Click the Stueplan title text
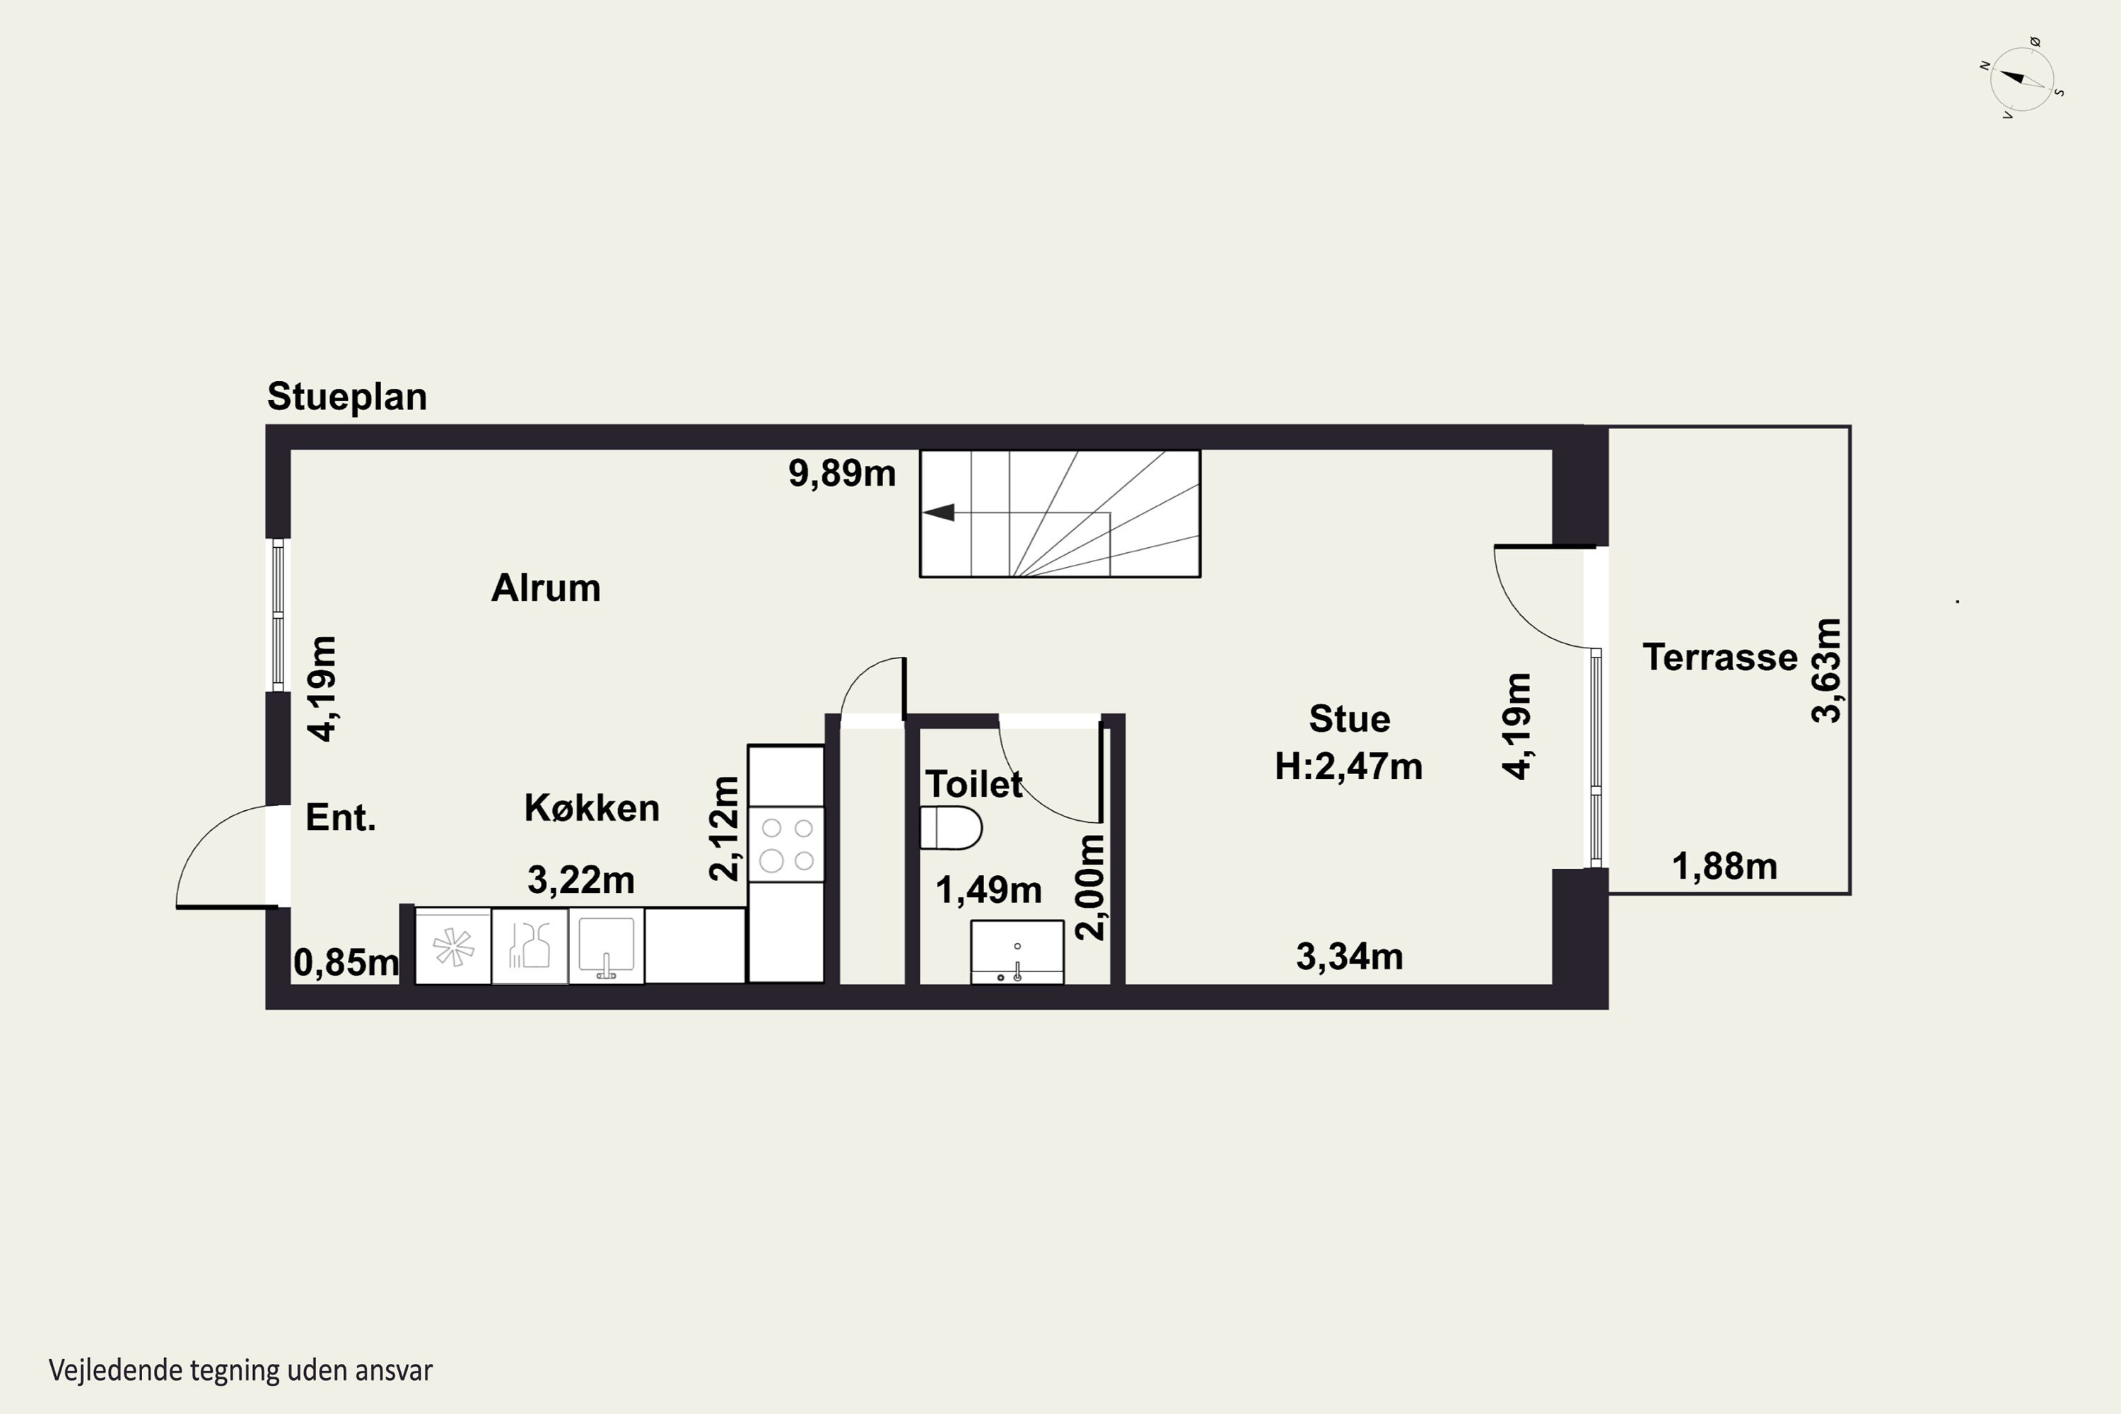point(347,397)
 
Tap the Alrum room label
point(546,588)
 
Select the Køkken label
point(592,807)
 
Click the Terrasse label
point(1719,658)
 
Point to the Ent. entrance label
point(341,817)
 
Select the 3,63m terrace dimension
point(1826,671)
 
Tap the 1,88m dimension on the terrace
point(1725,867)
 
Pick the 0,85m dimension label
point(346,963)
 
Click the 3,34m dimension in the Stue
point(1350,957)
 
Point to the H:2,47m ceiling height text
point(1349,766)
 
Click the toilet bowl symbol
point(950,828)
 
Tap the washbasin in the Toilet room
point(1017,952)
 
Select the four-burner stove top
point(785,844)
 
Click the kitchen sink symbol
point(606,946)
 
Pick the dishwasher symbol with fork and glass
point(530,946)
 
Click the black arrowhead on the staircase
point(938,512)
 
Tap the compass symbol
point(2022,79)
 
